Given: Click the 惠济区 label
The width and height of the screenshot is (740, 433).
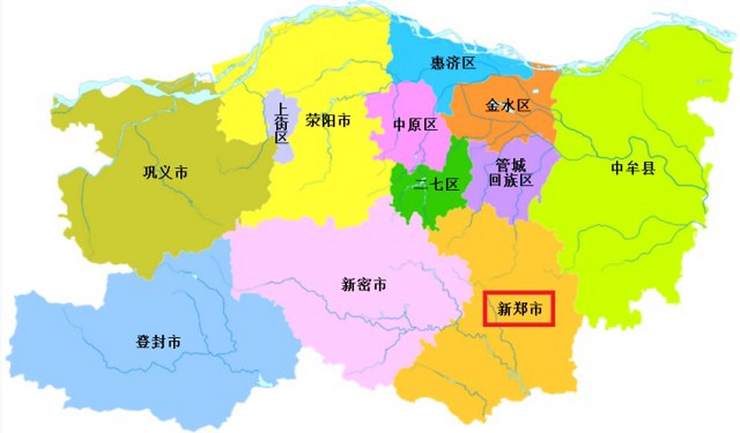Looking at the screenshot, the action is pos(453,63).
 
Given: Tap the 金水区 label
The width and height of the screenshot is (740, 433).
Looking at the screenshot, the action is pos(507,106).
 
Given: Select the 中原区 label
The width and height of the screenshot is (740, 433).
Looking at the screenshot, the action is pos(415,125).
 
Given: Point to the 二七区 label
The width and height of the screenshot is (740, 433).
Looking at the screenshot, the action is pos(436,185).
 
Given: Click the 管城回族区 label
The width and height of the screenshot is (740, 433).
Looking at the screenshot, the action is pos(511,173).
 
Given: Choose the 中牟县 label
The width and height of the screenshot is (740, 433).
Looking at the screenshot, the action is pos(633,168).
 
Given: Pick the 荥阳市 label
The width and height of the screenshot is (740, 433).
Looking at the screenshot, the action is pos(328,120).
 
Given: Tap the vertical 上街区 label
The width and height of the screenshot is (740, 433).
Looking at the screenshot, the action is pos(281,123).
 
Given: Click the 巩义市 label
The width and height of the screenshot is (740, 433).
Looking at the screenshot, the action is pos(165,173).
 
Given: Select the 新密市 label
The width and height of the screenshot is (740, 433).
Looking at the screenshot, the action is pos(363,284).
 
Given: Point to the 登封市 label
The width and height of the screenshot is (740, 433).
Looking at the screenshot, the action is pos(158,342).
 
